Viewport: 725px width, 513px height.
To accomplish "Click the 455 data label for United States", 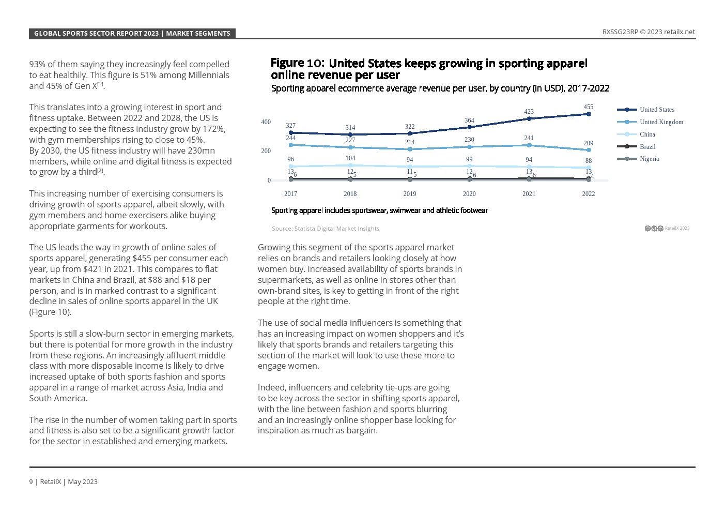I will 588,107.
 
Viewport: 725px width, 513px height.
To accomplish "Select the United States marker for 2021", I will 529,119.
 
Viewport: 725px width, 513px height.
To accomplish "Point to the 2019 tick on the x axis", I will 409,194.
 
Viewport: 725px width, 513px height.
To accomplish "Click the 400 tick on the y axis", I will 266,122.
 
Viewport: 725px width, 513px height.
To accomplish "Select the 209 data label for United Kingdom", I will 588,143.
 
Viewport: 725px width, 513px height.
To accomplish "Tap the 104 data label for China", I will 350,158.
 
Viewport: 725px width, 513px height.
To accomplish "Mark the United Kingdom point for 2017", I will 291,145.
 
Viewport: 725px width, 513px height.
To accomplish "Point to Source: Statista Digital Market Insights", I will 326,229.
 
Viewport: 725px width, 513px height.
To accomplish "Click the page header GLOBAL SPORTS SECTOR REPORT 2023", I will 96,34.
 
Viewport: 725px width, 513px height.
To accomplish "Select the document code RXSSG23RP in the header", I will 620,32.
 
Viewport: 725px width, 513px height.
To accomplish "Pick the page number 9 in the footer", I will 31,482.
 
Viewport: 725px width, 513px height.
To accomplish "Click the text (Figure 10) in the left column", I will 50,312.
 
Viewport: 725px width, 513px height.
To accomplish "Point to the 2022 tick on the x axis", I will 588,194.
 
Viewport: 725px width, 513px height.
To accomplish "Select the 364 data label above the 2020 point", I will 469,120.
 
